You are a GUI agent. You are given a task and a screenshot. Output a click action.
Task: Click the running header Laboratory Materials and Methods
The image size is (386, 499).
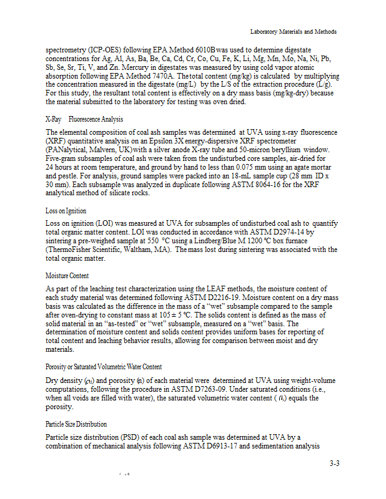(293, 32)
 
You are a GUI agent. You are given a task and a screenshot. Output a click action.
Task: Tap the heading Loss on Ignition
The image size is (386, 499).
(66, 211)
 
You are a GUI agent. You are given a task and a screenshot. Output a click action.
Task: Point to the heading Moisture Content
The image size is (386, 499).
(67, 276)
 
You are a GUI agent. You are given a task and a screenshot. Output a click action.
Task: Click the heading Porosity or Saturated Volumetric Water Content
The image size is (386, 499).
(104, 366)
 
